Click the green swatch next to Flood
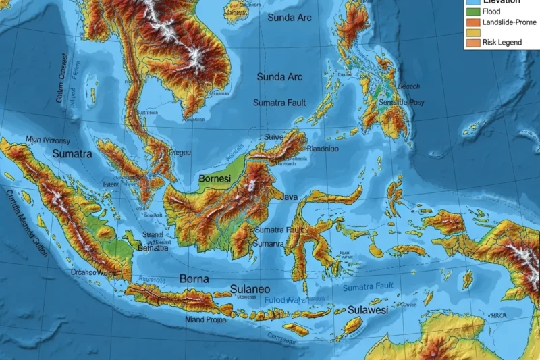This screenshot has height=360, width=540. (473, 11)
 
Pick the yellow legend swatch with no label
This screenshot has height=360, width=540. (473, 32)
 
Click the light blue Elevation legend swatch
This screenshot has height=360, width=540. (473, 2)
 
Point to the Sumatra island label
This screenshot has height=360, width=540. (72, 154)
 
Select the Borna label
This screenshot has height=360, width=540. (194, 278)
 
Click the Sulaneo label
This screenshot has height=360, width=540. (250, 289)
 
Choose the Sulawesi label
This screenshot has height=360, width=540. (368, 310)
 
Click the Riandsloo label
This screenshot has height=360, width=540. (323, 149)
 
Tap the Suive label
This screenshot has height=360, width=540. (273, 137)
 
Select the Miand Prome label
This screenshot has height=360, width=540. (205, 319)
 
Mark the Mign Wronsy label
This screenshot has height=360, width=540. (48, 140)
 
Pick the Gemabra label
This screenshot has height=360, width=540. (153, 248)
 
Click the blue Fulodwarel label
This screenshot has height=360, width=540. (284, 299)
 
